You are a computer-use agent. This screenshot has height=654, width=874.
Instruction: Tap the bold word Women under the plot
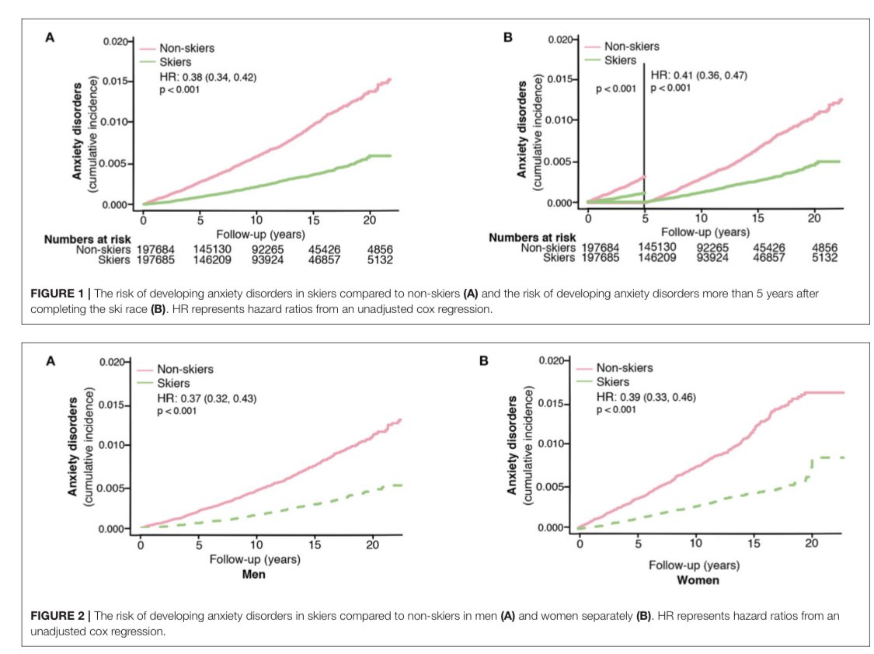tap(698, 580)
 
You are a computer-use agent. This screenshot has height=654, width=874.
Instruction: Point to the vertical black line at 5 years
tap(645, 132)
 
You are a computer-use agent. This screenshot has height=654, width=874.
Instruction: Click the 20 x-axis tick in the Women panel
tap(812, 543)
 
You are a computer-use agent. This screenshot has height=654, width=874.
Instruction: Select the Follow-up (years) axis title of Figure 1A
tap(267, 233)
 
